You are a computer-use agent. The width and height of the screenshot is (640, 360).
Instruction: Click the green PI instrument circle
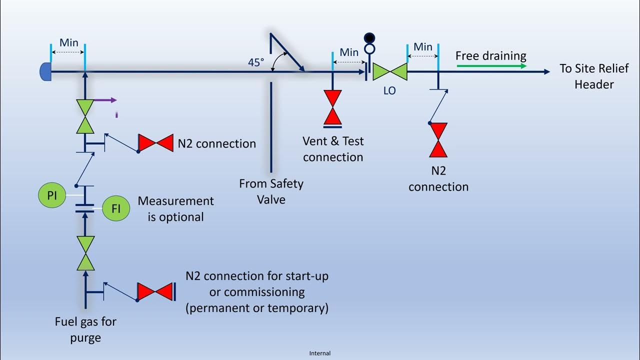click(52, 195)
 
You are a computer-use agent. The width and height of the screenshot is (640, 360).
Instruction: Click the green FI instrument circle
click(116, 208)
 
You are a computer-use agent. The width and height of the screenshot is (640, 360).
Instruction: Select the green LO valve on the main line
click(390, 71)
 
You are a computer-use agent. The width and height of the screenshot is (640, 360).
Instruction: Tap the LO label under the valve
click(389, 91)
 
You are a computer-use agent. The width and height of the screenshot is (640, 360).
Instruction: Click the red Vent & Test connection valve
click(332, 107)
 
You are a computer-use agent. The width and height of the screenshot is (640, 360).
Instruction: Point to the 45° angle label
click(256, 62)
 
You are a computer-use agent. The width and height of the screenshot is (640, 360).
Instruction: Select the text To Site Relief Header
click(593, 76)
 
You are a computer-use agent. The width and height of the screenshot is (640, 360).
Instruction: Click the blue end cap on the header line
click(45, 72)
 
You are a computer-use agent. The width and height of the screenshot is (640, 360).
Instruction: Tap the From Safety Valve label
click(271, 191)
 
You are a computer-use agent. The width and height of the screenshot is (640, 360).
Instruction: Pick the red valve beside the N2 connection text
click(155, 143)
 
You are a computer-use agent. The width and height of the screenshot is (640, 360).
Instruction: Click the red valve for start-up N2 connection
click(155, 292)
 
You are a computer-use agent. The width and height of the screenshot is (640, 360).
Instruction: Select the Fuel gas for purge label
click(85, 329)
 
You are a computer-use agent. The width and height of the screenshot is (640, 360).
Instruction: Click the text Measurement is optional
click(175, 209)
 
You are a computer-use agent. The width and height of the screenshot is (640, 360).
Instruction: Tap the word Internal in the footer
click(320, 353)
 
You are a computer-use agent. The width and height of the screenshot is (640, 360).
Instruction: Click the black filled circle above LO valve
click(369, 37)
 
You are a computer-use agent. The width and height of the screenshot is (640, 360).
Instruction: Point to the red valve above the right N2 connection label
click(438, 140)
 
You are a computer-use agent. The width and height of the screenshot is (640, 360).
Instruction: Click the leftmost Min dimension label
click(68, 43)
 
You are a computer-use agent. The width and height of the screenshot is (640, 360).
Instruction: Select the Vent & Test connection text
click(333, 149)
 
